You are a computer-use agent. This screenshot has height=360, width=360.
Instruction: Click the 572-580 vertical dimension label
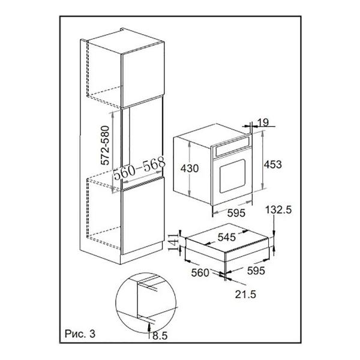point(105,145)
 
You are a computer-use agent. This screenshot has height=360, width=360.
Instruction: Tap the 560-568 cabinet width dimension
point(139,168)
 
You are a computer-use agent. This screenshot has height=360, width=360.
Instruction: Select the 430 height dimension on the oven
point(190,168)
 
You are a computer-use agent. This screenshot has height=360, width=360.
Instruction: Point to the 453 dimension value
point(273,164)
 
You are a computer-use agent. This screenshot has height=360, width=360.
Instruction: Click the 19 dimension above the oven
point(263,122)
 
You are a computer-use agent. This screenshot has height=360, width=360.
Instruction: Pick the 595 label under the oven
point(236,213)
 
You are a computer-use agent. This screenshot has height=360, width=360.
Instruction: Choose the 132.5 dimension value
point(278,209)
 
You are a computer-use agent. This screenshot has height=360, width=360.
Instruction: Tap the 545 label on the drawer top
point(227,237)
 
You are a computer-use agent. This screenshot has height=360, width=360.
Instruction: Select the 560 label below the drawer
point(200,272)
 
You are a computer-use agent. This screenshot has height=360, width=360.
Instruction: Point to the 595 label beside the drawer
point(256,271)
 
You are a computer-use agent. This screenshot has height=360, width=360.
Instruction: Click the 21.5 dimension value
point(245,294)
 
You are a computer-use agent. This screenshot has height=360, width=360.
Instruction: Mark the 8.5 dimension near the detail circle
point(160,336)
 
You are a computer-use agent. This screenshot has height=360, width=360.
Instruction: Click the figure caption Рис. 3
point(80,334)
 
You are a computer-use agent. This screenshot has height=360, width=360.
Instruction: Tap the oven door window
point(232,176)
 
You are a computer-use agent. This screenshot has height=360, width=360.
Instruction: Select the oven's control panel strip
point(232,146)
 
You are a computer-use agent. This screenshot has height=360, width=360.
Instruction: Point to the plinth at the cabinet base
point(142,253)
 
